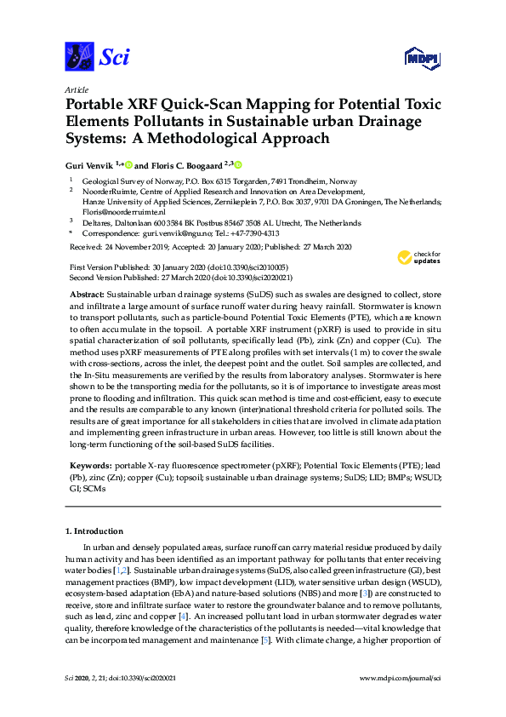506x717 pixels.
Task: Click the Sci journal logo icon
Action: (x=79, y=56)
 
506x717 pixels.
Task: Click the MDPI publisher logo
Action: (x=422, y=57)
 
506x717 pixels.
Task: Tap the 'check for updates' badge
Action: (x=418, y=257)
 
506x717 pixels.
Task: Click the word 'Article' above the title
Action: (x=77, y=89)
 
